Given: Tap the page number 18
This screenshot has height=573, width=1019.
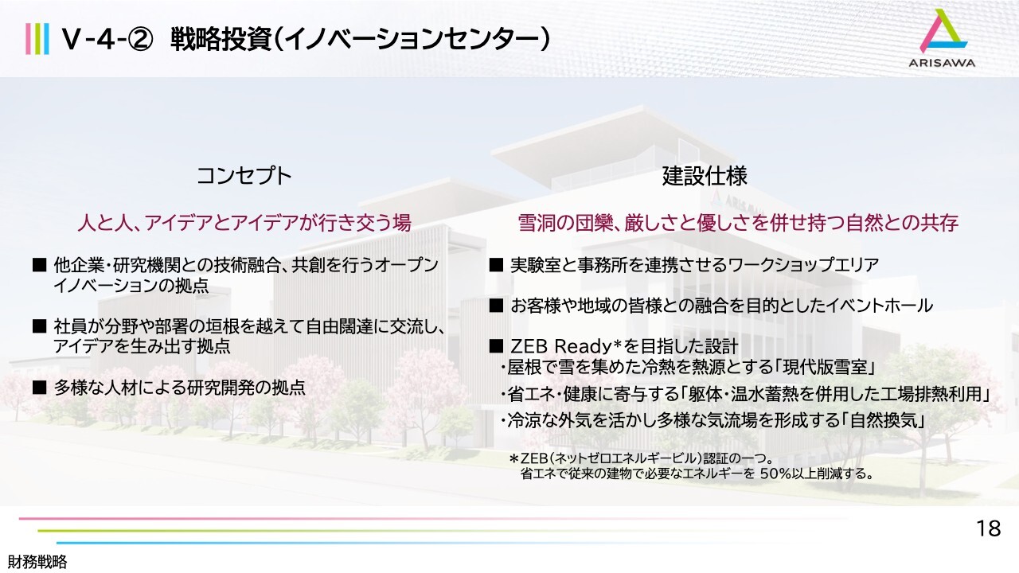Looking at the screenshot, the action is point(989,529).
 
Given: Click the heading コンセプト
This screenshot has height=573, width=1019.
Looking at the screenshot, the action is point(244,176).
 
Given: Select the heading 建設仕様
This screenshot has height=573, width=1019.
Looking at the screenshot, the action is point(705,176).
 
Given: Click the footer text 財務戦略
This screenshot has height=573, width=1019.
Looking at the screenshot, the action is point(37,562).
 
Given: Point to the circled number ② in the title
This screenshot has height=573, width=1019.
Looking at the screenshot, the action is point(139,40).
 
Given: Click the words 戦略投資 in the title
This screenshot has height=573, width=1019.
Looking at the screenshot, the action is point(221,40).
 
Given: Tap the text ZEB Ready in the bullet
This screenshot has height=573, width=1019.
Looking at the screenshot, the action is point(561,347).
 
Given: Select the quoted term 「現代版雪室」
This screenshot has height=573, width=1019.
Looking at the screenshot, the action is point(825,367).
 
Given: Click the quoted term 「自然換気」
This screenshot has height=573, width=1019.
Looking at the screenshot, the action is point(884,421).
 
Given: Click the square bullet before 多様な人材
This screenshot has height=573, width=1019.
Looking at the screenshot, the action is point(40,388).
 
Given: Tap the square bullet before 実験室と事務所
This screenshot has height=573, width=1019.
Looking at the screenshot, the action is point(496,265).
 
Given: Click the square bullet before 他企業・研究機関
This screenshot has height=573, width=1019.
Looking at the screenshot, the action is point(40,265).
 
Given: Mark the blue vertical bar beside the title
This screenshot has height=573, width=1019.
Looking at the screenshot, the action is point(46,39).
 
